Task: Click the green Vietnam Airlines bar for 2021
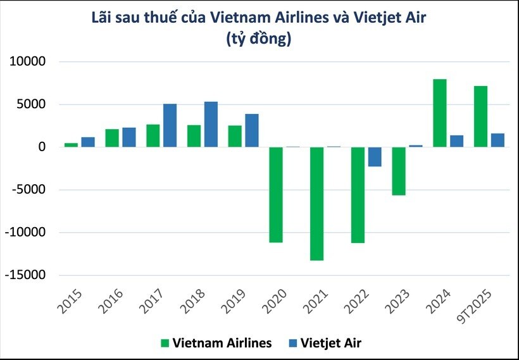coord(316,203)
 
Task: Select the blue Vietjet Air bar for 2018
coord(211,124)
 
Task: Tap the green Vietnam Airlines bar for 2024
coord(440,113)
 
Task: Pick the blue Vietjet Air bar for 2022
coord(375,156)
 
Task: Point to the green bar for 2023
coord(399,171)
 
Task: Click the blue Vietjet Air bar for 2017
coord(170,125)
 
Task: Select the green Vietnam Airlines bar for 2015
coord(71,145)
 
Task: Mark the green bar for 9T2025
coord(481,116)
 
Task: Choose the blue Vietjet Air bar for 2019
coord(252,130)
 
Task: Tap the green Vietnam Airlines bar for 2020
coord(276,194)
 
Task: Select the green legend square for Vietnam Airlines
coord(165,343)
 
